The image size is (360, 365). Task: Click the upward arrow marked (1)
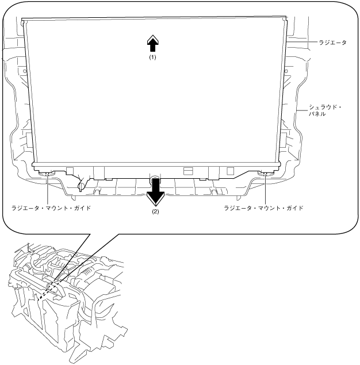point(152,43)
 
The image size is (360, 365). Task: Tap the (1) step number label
point(152,57)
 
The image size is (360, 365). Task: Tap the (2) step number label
point(155,211)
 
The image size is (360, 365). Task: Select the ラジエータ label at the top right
point(332,43)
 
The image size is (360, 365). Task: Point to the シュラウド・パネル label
point(325,110)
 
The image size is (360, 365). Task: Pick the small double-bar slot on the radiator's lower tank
point(187,171)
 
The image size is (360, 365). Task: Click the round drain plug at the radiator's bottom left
point(82,185)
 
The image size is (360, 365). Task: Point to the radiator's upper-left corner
point(23,21)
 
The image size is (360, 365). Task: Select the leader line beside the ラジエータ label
point(301,43)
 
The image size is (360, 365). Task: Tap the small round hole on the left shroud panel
point(25,72)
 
